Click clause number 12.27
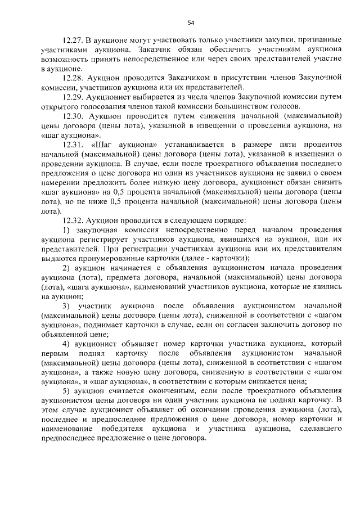[74, 42]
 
